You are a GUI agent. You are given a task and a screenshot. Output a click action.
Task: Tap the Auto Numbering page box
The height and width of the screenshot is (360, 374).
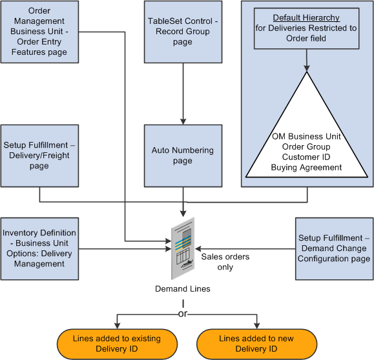pos(183,155)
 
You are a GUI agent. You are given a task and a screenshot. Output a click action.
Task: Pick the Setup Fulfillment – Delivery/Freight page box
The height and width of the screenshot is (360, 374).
pos(39,155)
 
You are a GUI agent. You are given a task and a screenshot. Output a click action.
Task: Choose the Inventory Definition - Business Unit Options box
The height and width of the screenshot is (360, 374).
pos(39,248)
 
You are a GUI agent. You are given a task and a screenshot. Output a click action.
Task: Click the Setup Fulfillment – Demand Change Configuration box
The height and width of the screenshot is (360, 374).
pos(334,248)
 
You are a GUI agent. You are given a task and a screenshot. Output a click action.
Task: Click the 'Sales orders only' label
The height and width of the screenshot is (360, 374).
pos(225,262)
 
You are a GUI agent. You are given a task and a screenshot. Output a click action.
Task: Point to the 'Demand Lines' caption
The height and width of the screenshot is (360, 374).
pos(182,289)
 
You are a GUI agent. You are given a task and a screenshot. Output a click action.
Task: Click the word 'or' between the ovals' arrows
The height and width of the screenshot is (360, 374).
pos(182,314)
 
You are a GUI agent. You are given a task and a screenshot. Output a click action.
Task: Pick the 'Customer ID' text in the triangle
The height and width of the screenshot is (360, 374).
pos(307,156)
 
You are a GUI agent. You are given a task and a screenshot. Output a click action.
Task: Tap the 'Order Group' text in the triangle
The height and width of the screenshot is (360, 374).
pos(307,146)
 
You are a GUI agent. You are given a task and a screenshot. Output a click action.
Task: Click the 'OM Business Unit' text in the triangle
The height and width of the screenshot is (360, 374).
pos(307,136)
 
